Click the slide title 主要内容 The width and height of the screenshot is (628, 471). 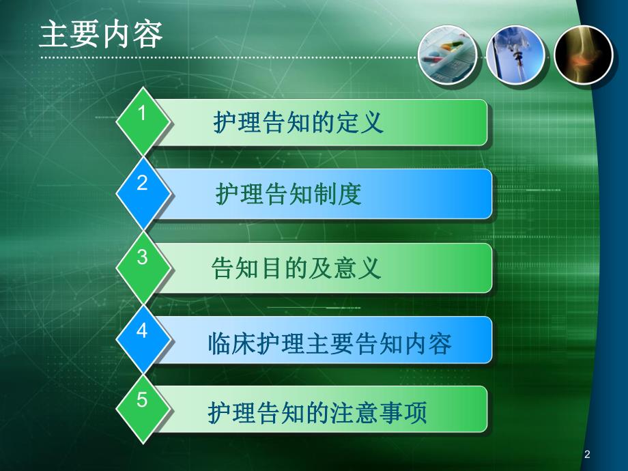tap(101, 35)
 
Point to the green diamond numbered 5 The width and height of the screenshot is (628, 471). tap(143, 408)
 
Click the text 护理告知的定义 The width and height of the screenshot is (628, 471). tap(298, 124)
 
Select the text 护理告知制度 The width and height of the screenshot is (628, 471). tap(289, 195)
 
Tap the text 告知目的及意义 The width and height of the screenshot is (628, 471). tap(297, 268)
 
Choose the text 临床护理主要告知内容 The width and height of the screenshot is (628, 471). tap(329, 343)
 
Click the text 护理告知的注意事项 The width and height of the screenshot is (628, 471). tap(318, 413)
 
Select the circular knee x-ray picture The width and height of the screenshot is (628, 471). tap(583, 55)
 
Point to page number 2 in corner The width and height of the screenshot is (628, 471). tap(587, 455)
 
